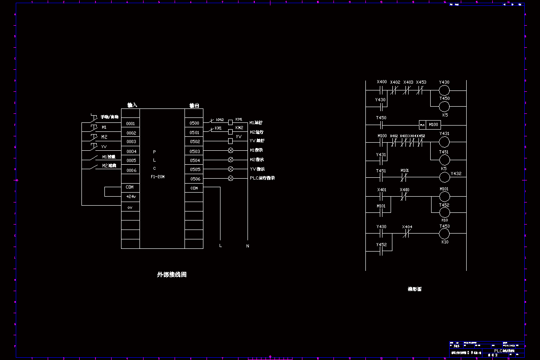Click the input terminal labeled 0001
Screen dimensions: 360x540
[130, 123]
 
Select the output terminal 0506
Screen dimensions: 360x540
[194, 179]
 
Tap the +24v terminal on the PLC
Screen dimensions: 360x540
[130, 197]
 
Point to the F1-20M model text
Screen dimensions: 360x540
[157, 177]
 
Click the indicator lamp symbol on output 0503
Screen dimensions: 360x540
[230, 150]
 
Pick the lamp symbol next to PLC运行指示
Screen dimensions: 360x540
[230, 178]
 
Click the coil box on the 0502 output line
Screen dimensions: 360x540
[230, 141]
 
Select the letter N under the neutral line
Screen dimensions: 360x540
[247, 246]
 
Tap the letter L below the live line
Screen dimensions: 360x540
[220, 246]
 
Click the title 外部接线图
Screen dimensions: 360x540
[171, 274]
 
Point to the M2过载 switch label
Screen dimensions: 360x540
[109, 166]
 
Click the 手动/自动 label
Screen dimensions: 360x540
[109, 117]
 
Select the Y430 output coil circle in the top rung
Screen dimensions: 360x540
[444, 90]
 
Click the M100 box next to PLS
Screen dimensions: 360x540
[433, 125]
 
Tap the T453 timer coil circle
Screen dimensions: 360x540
[444, 234]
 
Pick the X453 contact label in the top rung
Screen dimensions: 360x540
[421, 82]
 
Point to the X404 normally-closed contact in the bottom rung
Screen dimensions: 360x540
[407, 234]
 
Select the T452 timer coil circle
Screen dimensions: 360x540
[444, 212]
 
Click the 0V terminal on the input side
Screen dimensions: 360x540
[130, 207]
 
